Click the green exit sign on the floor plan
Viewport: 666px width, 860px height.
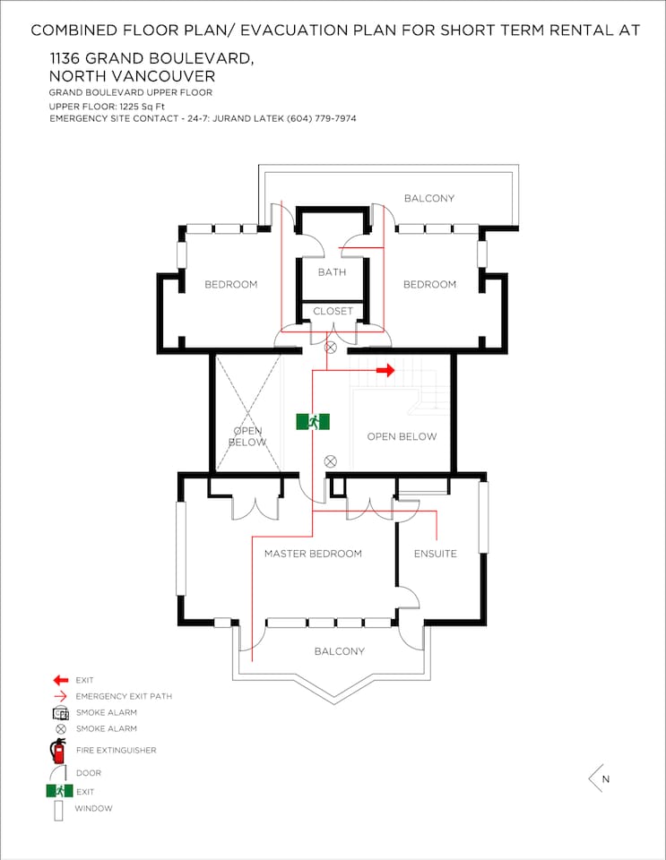313,422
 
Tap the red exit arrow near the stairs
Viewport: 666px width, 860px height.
385,370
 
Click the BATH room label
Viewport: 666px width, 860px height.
332,272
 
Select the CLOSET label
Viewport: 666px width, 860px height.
333,311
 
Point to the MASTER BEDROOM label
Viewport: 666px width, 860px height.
313,554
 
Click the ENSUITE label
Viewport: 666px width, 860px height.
435,554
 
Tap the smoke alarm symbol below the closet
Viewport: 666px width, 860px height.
330,348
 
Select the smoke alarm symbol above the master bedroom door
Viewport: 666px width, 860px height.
330,461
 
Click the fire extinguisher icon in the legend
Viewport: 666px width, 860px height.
58,751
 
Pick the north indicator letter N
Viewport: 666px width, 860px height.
606,778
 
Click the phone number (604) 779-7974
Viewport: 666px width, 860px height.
322,118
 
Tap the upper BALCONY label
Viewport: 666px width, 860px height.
429,198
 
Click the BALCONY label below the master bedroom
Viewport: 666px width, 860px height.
339,651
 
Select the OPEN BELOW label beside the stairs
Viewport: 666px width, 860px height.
402,436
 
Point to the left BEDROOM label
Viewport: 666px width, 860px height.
230,284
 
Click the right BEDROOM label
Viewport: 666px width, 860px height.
429,284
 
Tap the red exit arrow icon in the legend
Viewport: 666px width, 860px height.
60,680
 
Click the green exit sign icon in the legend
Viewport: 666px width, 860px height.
59,791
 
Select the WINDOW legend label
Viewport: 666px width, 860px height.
93,808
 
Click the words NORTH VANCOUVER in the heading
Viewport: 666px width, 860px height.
132,75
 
